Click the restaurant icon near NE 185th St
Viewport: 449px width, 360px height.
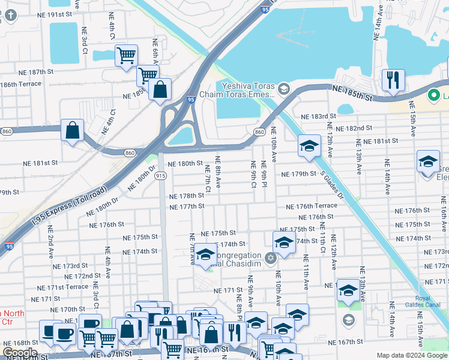[x=393, y=80]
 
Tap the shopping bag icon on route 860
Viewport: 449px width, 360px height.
[x=72, y=130]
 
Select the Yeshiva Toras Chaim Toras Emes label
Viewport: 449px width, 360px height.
[x=248, y=89]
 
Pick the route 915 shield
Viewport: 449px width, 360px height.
[x=160, y=175]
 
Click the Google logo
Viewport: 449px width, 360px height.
[x=20, y=352]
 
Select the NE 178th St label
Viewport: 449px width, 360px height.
[x=187, y=196]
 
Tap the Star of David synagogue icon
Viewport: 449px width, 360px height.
[x=271, y=258]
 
